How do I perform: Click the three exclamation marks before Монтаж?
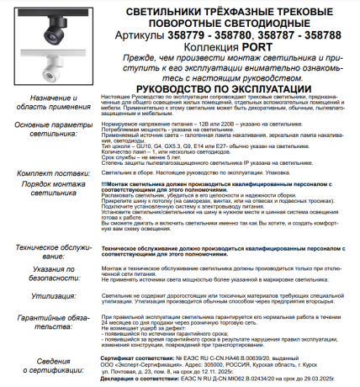tap(104, 183)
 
